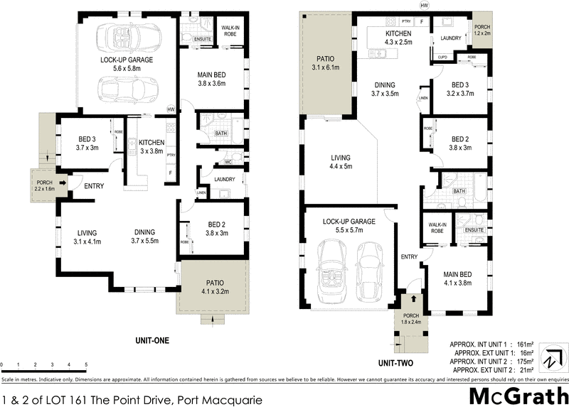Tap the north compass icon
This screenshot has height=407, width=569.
tap(553, 355)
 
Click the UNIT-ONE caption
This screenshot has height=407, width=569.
tap(151, 341)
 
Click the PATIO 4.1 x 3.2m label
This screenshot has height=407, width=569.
tap(215, 286)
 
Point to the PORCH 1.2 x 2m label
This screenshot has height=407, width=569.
tap(482, 30)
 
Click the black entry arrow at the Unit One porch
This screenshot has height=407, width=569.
tap(64, 184)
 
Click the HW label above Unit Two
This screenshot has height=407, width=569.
tap(425, 6)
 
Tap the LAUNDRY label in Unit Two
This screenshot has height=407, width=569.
tap(451, 39)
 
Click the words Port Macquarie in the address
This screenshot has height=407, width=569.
tap(220, 399)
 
